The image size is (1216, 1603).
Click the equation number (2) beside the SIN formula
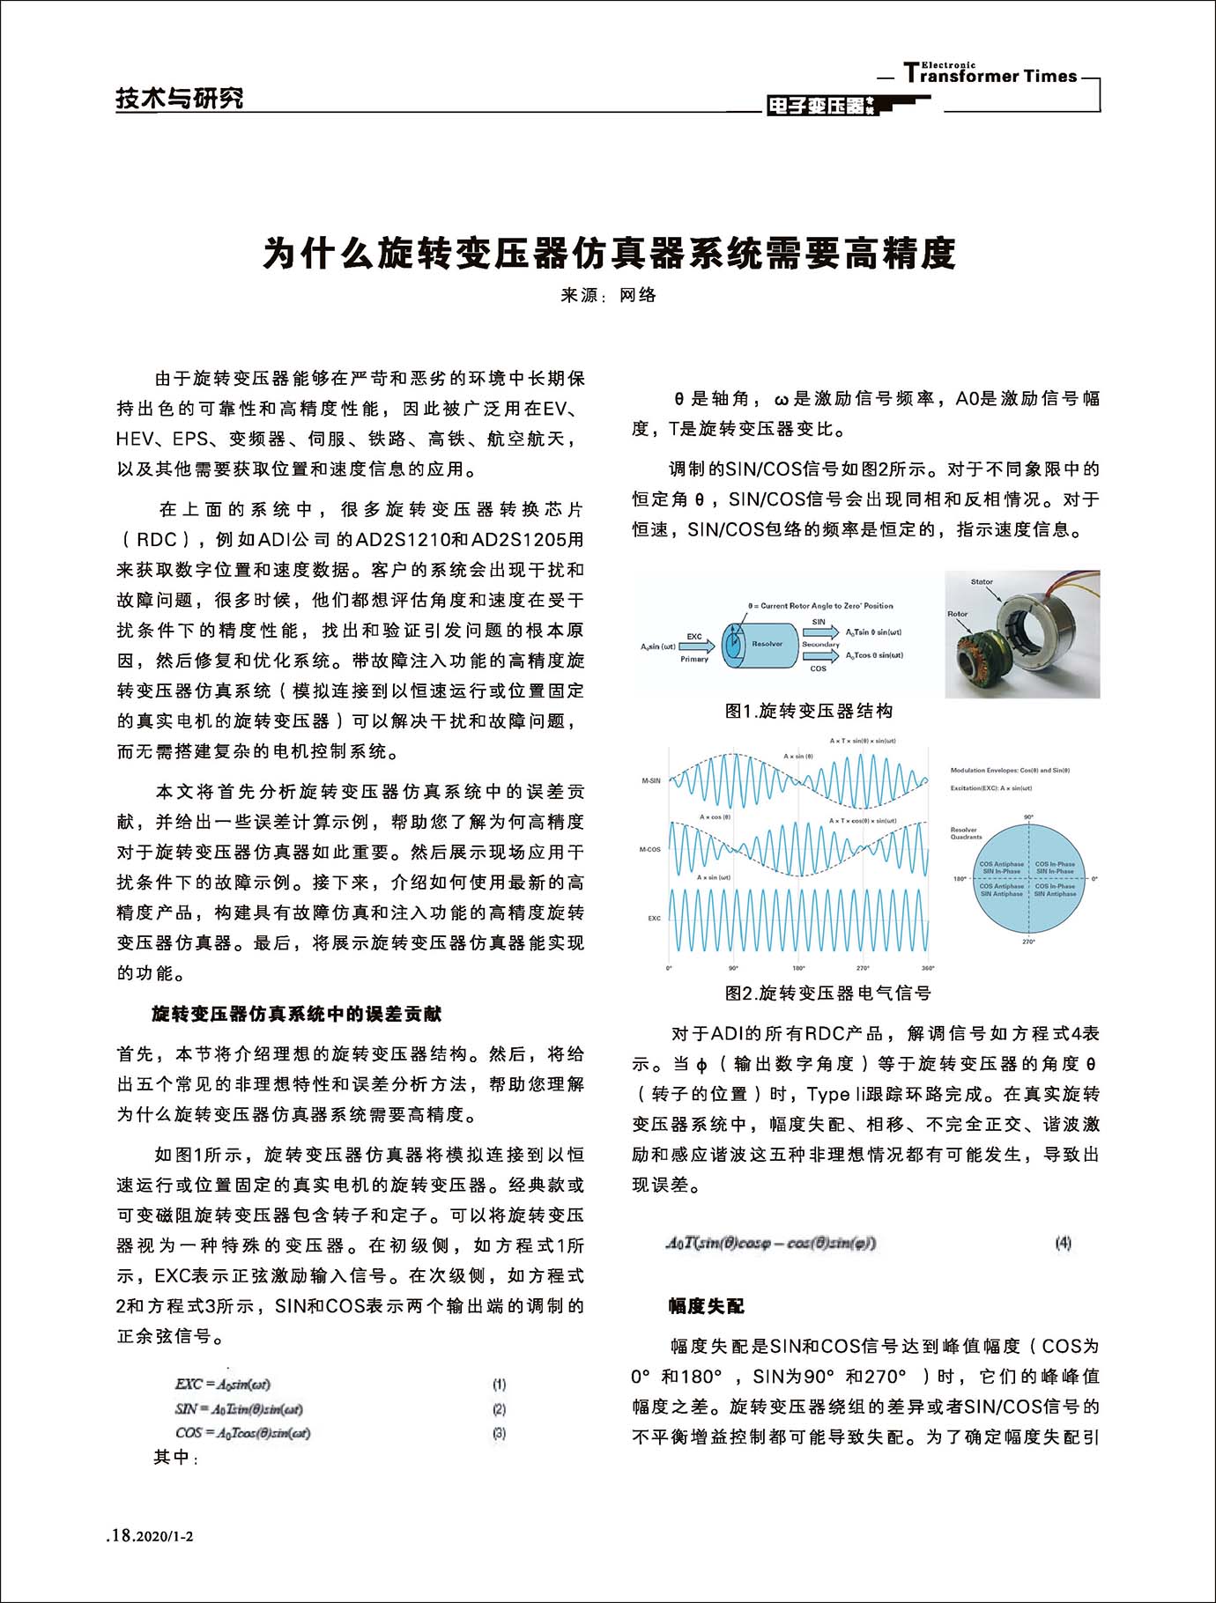coord(499,1409)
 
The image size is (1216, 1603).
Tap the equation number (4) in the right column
coord(1063,1243)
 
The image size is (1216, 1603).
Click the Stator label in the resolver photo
coord(982,582)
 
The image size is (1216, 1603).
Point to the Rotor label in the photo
coord(957,614)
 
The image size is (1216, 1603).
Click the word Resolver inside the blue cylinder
coord(767,644)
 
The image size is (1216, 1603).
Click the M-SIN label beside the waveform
coord(650,780)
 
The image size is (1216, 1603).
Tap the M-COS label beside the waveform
coord(649,849)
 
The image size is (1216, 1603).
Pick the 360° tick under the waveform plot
coord(927,968)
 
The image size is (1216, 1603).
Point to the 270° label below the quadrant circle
coord(1028,942)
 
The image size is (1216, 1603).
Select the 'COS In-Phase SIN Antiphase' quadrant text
coord(1055,890)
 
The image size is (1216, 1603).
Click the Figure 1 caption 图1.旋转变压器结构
coord(808,711)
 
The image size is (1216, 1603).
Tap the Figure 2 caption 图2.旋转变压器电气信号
coord(827,993)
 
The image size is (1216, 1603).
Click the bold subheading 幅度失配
coord(707,1305)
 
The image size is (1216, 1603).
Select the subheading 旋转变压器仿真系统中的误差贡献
coord(296,1014)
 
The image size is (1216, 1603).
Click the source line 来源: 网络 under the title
coord(608,295)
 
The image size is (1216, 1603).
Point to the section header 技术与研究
coord(180,98)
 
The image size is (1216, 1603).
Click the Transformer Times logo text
coord(990,76)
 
